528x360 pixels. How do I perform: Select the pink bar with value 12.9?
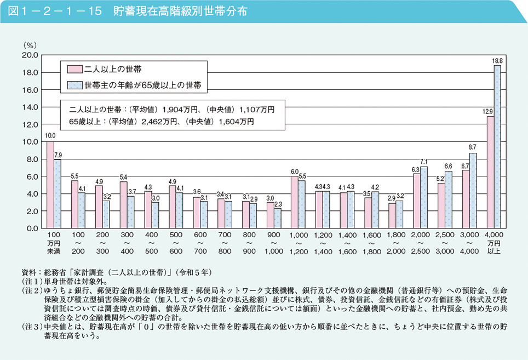point(490,172)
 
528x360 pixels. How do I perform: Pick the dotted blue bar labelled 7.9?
point(58,194)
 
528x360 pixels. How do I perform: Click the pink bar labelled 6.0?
point(294,202)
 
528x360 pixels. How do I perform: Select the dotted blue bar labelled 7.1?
point(424,197)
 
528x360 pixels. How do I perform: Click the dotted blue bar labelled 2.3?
point(278,218)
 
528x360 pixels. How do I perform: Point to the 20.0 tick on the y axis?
point(29,55)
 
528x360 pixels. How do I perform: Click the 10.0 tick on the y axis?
point(29,142)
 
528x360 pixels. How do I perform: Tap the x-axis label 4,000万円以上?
point(493,242)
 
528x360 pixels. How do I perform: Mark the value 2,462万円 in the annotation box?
point(161,121)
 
